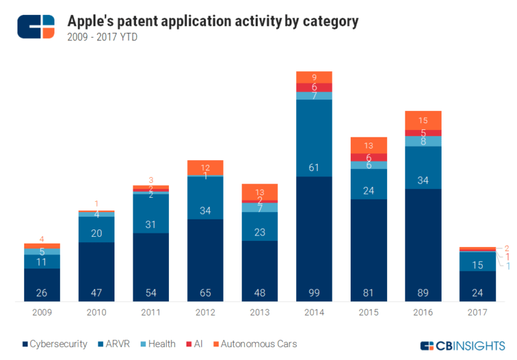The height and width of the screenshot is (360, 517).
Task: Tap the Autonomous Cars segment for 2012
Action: click(205, 168)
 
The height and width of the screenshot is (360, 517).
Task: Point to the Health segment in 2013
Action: click(259, 207)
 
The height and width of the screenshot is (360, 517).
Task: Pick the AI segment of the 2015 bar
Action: click(368, 157)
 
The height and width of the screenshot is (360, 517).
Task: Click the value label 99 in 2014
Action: click(314, 292)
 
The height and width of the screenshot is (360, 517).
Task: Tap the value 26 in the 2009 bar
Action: click(42, 292)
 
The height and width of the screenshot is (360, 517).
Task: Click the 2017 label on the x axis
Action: click(477, 312)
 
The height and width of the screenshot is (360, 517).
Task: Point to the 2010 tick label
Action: click(96, 312)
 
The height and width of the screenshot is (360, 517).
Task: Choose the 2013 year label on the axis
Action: click(259, 312)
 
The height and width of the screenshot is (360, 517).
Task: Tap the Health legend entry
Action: click(158, 344)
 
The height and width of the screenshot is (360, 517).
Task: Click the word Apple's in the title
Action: click(92, 21)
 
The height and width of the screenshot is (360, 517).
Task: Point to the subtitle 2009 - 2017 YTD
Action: click(103, 38)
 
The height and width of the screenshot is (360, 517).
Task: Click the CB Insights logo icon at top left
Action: click(36, 26)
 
